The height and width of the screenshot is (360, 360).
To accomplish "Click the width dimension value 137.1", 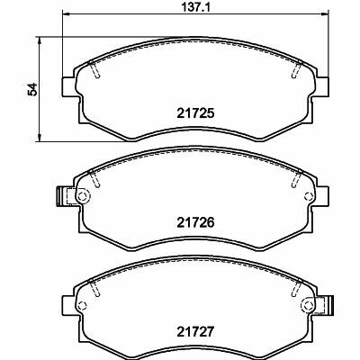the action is click(196, 6).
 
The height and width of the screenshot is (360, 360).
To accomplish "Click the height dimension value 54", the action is click(32, 89).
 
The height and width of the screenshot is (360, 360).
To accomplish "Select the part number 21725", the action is click(195, 113).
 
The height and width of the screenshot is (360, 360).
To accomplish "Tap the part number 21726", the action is click(195, 222).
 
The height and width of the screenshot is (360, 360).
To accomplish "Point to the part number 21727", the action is click(195, 331).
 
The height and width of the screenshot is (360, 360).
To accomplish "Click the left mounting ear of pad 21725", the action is click(68, 87).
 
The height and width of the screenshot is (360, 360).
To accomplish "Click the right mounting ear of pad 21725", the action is click(322, 87).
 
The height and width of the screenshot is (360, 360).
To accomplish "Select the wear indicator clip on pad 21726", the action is click(62, 196).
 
